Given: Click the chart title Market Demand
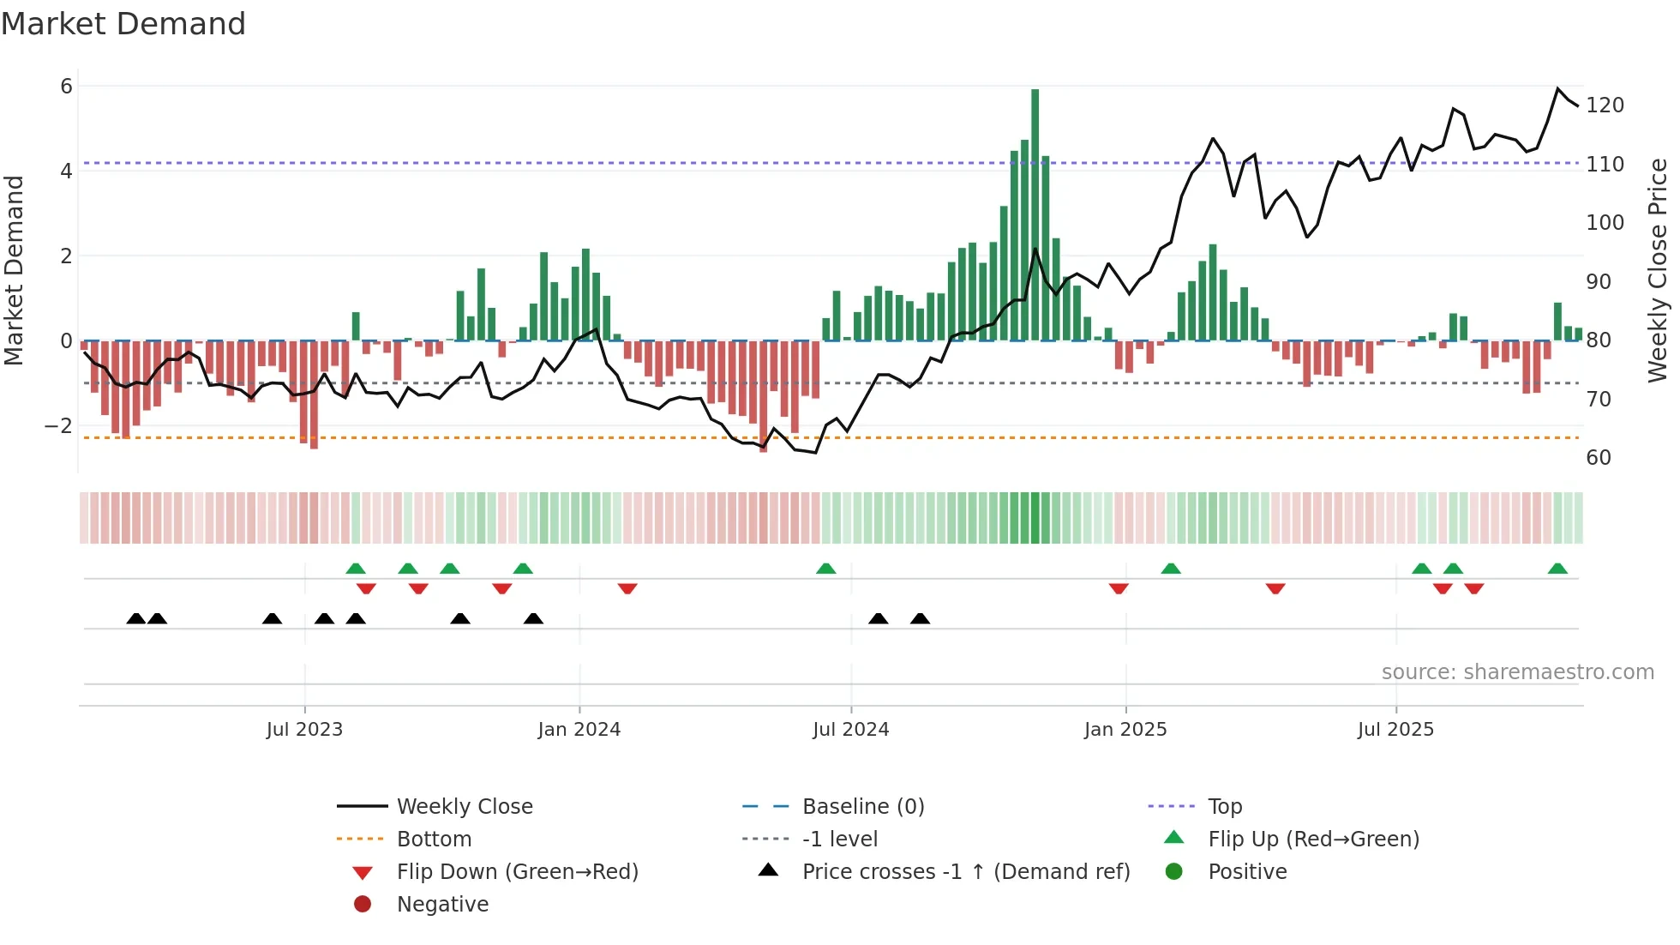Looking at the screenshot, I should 123,24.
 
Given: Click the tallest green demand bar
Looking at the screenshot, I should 1035,214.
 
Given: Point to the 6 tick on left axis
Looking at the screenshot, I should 66,86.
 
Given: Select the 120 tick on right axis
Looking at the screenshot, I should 1605,105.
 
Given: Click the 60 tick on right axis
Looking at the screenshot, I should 1598,458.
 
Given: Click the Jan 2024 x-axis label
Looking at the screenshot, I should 579,730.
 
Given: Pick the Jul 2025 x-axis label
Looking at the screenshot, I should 1395,730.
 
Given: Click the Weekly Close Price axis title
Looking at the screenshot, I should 1658,270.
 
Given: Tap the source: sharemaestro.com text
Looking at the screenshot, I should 1517,672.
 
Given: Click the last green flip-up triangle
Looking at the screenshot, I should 1557,569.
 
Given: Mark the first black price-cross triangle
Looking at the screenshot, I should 135,618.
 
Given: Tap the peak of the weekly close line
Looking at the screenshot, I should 1557,88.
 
